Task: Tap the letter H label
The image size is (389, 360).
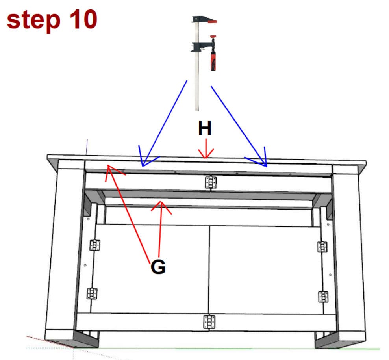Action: point(205,129)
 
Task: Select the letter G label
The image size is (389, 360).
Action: point(158,267)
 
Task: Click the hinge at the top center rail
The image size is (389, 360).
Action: point(211,182)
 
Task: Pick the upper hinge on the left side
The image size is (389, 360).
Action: point(95,245)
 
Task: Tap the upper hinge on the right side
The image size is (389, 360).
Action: point(322,247)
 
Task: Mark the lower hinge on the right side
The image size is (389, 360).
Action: point(323,297)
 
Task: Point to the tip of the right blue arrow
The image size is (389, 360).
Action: point(266,165)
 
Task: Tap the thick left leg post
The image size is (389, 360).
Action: point(65,252)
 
